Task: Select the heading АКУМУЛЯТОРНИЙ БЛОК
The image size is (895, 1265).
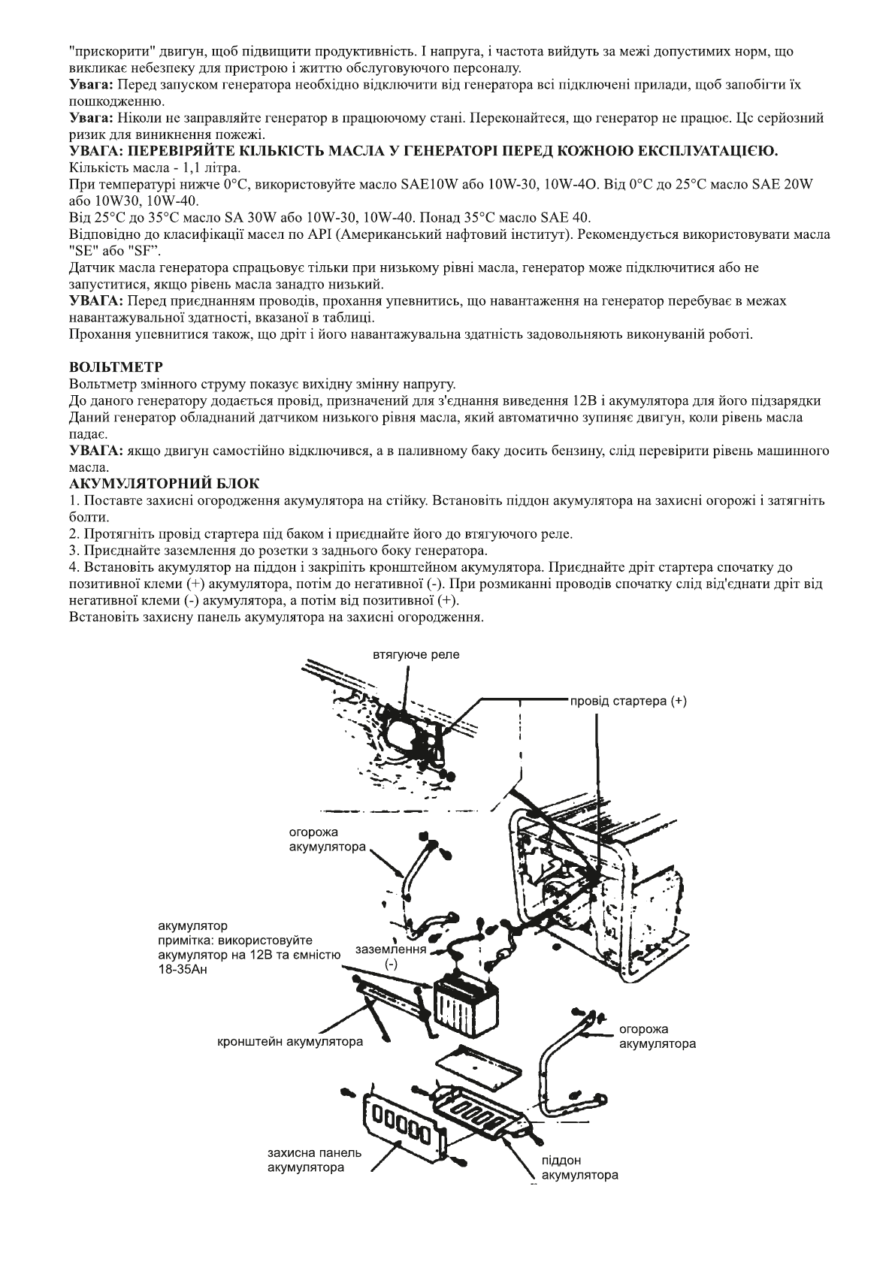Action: tap(164, 484)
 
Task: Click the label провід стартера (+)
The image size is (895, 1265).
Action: tap(628, 701)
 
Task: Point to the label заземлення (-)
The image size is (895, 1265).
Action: tap(391, 956)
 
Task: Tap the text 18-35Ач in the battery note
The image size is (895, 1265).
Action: tap(185, 969)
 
